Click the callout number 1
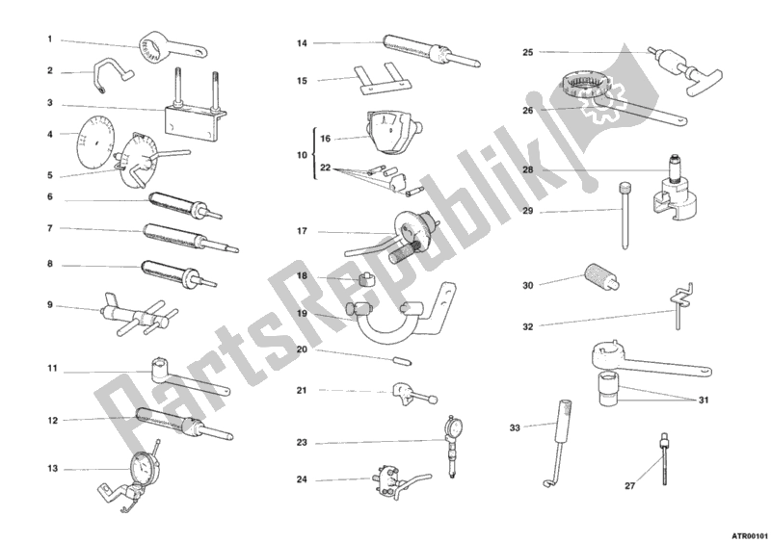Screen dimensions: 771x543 [50, 39]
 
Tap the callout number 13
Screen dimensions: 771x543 [53, 469]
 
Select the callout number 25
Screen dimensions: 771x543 [527, 52]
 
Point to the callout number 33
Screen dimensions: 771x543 [515, 428]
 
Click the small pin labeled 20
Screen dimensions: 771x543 [404, 361]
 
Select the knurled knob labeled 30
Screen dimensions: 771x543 [601, 277]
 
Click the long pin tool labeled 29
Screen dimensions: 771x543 [625, 216]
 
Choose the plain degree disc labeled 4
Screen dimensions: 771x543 [93, 142]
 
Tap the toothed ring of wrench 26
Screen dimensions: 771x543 [586, 84]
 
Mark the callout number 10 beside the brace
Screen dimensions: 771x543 [302, 155]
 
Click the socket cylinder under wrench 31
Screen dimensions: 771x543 [610, 390]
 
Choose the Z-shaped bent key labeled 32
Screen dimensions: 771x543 [678, 306]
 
